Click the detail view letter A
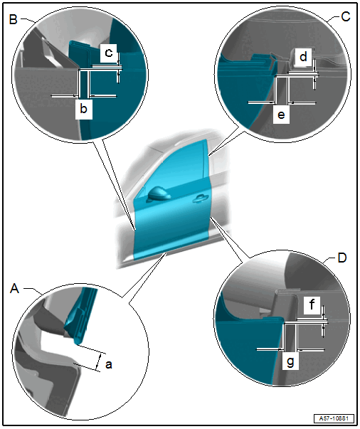tap(14, 288)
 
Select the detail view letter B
tap(13, 19)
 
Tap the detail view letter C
tap(346, 17)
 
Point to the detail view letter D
tap(342, 258)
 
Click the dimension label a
tap(109, 364)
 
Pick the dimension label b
tap(83, 109)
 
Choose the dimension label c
tap(109, 52)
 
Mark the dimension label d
tap(303, 57)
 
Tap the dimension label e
tap(281, 115)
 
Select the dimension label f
tap(312, 304)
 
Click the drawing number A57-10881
tap(334, 418)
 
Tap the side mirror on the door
tap(158, 194)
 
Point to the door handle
tap(199, 199)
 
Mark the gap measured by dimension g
tap(291, 337)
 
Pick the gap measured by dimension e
tap(282, 90)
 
